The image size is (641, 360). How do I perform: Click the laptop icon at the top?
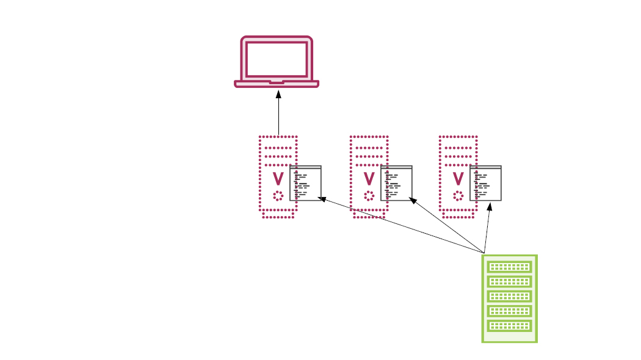277,61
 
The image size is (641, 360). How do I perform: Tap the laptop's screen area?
277,59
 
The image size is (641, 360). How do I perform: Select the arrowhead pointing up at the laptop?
278,95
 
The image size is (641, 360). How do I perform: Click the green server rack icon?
509,298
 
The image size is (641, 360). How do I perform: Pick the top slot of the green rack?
509,267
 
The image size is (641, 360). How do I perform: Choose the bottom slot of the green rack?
509,326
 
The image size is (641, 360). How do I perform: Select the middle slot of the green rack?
509,297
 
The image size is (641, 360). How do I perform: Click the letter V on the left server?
278,179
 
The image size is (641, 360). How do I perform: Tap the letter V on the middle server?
369,179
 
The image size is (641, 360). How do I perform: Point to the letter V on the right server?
458,179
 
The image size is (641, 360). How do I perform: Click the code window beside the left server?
306,183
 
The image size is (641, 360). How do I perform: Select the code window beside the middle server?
397,183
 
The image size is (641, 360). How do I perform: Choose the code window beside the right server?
486,183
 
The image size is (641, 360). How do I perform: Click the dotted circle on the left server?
278,196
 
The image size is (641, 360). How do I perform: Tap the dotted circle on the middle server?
369,196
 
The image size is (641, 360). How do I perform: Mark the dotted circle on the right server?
458,196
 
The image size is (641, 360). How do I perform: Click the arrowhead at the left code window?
323,199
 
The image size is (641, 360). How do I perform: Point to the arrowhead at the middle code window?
413,200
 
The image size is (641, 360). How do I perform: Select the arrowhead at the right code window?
490,207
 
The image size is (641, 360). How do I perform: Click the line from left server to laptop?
278,116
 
